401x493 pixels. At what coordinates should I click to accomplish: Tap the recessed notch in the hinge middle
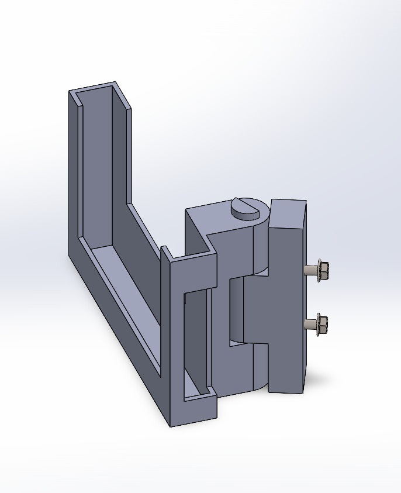(236, 310)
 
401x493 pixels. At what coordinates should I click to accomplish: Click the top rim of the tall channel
(96, 87)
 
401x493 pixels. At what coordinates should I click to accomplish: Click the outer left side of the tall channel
(74, 175)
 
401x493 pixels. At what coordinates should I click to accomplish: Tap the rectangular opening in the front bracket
(196, 339)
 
